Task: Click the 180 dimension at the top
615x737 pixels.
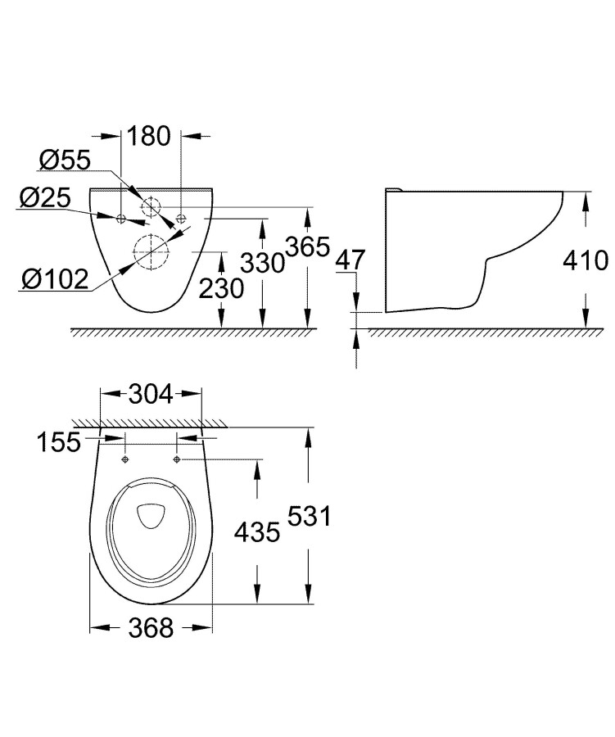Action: tap(151, 135)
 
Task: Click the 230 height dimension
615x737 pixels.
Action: tap(220, 288)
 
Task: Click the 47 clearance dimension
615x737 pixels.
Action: tap(350, 261)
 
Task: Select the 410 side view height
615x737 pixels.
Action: tap(585, 261)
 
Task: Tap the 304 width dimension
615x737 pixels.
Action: tap(151, 395)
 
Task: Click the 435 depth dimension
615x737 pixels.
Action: tap(257, 532)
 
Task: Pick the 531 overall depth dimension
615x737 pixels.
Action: tap(308, 516)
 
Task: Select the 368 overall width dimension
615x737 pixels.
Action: tap(151, 628)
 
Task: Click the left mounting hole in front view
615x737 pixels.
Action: tap(121, 218)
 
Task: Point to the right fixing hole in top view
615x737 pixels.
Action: tap(177, 459)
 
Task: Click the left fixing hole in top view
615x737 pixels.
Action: tap(125, 459)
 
